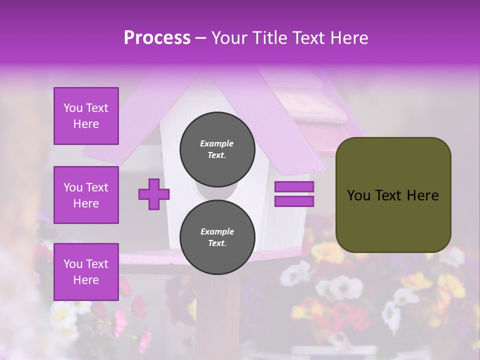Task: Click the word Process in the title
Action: pyautogui.click(x=157, y=38)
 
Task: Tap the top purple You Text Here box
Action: pyautogui.click(x=86, y=116)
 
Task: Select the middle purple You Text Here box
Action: pyautogui.click(x=86, y=195)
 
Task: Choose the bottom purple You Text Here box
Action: pyautogui.click(x=86, y=271)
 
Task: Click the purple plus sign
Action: pyautogui.click(x=154, y=194)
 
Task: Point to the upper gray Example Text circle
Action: pyautogui.click(x=217, y=149)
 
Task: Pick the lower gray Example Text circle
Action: pyautogui.click(x=217, y=237)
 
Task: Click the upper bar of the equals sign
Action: pyautogui.click(x=294, y=187)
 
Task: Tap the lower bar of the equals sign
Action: pyautogui.click(x=294, y=201)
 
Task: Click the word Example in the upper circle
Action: pyautogui.click(x=217, y=143)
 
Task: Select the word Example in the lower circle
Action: pyautogui.click(x=217, y=231)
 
